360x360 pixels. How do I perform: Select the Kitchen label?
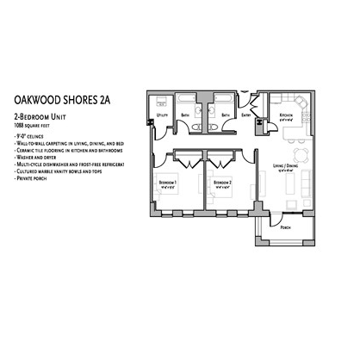(286, 115)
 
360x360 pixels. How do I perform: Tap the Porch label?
(285, 227)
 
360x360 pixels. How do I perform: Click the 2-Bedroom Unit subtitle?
(43, 115)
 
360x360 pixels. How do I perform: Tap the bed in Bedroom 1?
(166, 199)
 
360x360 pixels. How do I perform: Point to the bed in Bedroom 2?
(215, 199)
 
